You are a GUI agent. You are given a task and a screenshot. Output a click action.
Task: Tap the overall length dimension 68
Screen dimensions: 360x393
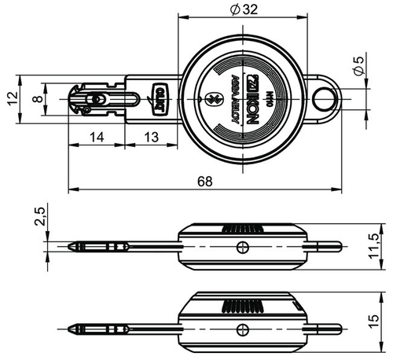204,182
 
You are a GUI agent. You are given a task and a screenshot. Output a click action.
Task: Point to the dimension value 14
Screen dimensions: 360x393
96,137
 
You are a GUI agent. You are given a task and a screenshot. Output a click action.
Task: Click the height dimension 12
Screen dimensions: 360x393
10,98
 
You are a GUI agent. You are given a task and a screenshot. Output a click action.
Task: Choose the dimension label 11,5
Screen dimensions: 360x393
383,246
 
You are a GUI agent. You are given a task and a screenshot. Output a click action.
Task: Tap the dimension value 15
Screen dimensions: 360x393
383,321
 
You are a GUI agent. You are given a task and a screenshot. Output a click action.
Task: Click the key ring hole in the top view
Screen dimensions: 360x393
322,97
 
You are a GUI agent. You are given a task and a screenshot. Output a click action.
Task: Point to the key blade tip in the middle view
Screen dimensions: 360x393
73,247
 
